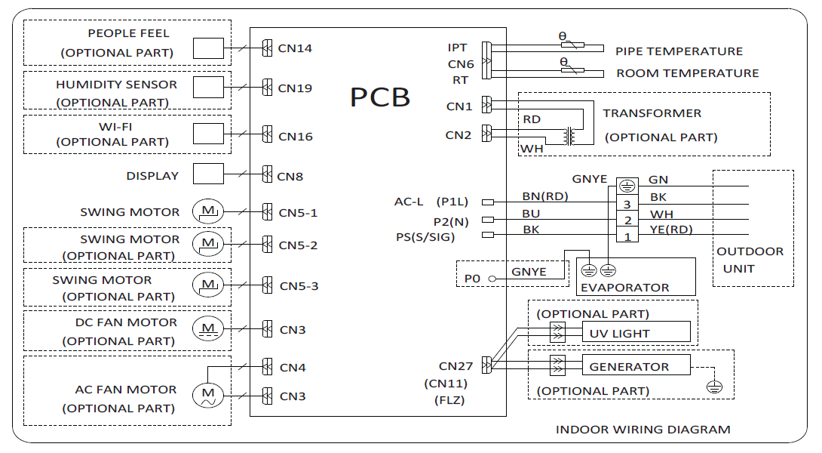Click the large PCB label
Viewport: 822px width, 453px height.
tap(380, 97)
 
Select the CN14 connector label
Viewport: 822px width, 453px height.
tap(295, 48)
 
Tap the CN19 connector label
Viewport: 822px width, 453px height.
tap(295, 88)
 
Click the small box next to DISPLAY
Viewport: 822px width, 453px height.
tap(208, 174)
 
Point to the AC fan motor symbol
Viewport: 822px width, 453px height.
tap(207, 395)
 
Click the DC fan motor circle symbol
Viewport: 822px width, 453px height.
tap(207, 328)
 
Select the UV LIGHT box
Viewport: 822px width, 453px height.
tap(636, 333)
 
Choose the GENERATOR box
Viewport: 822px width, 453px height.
tap(636, 366)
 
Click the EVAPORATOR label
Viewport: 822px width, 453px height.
tap(624, 287)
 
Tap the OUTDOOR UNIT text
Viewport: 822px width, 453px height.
tap(750, 260)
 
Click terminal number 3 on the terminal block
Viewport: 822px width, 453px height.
tap(626, 204)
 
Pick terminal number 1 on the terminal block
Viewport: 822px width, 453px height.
tap(626, 237)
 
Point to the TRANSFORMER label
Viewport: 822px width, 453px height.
tap(652, 113)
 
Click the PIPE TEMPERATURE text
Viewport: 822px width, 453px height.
tap(679, 51)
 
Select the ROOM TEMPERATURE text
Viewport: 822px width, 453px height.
tap(688, 73)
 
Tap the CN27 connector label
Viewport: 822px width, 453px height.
tap(455, 367)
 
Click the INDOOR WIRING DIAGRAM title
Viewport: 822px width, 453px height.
tap(643, 430)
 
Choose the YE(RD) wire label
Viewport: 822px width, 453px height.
tap(670, 230)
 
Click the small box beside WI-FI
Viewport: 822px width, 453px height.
tap(208, 134)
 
